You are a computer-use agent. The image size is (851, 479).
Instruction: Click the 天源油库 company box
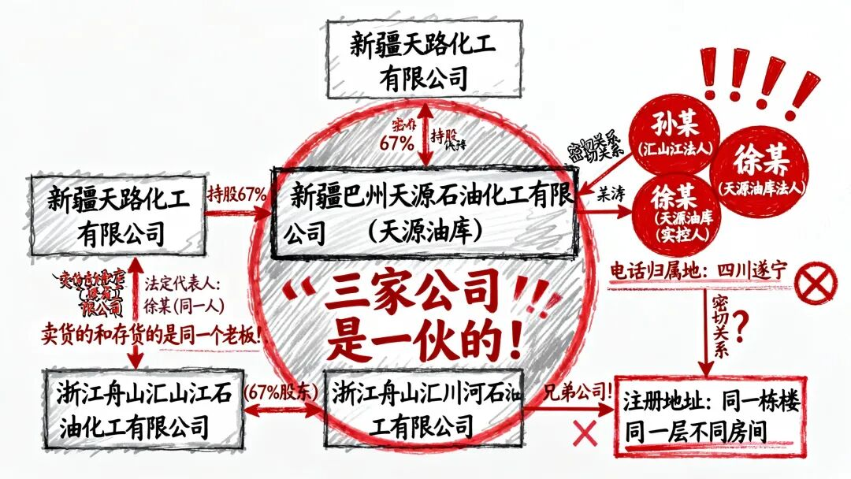(x=425, y=212)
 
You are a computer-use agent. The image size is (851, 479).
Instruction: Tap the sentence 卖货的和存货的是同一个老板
(x=151, y=334)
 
